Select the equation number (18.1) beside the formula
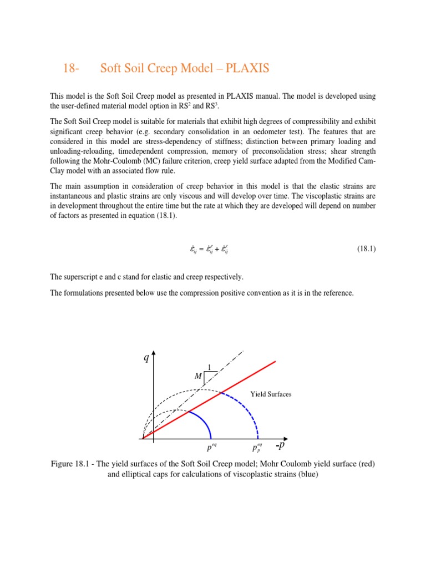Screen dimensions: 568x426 (x=366, y=249)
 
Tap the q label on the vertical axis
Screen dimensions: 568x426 (x=146, y=358)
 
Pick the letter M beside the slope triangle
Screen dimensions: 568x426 (x=198, y=377)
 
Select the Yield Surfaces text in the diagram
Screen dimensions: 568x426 (x=271, y=394)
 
